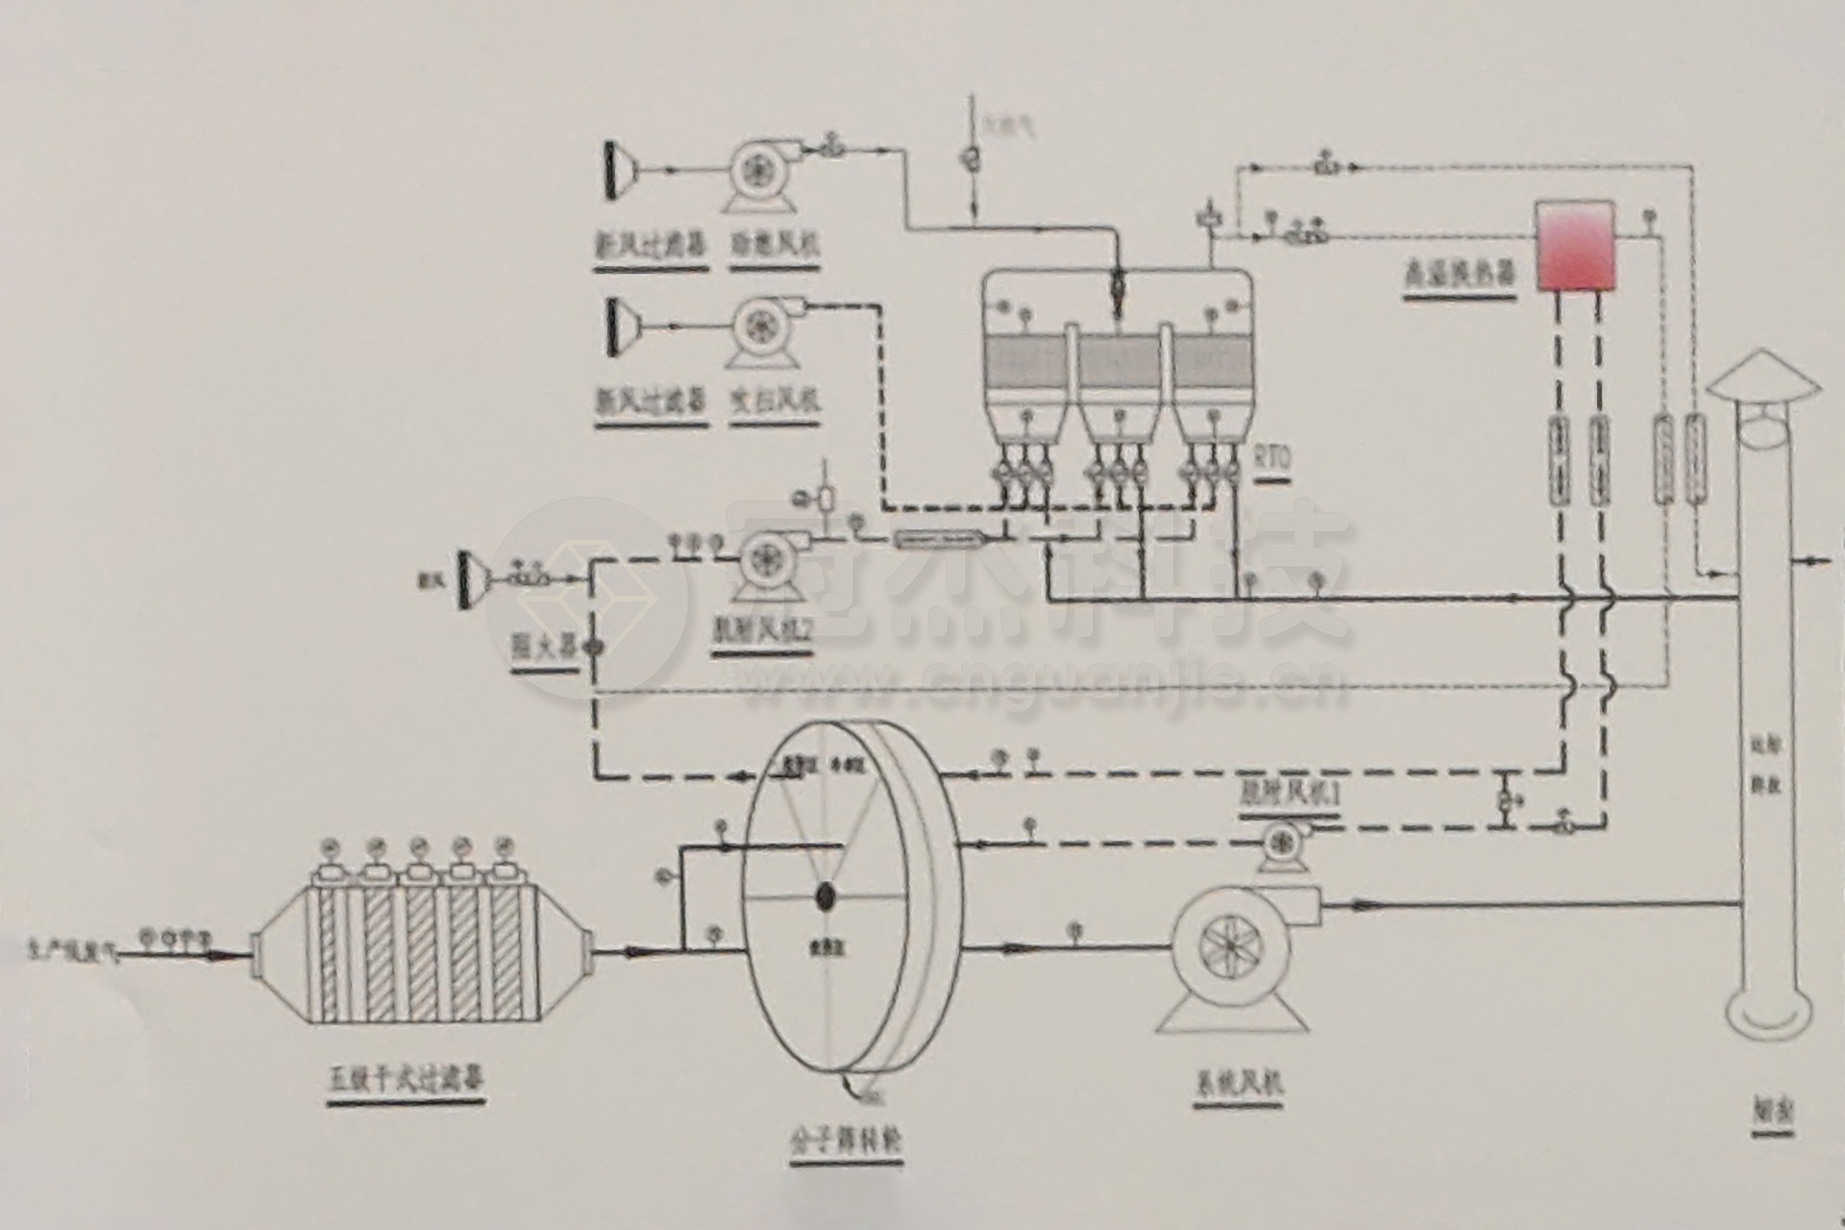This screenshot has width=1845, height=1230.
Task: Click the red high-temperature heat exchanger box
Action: pyautogui.click(x=1575, y=245)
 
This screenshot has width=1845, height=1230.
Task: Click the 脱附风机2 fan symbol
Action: pyautogui.click(x=768, y=557)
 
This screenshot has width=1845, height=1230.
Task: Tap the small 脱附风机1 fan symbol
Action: pyautogui.click(x=1279, y=841)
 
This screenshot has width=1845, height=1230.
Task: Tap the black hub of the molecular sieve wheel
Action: pyautogui.click(x=824, y=897)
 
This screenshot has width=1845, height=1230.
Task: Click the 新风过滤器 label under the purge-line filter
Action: pyautogui.click(x=650, y=398)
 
